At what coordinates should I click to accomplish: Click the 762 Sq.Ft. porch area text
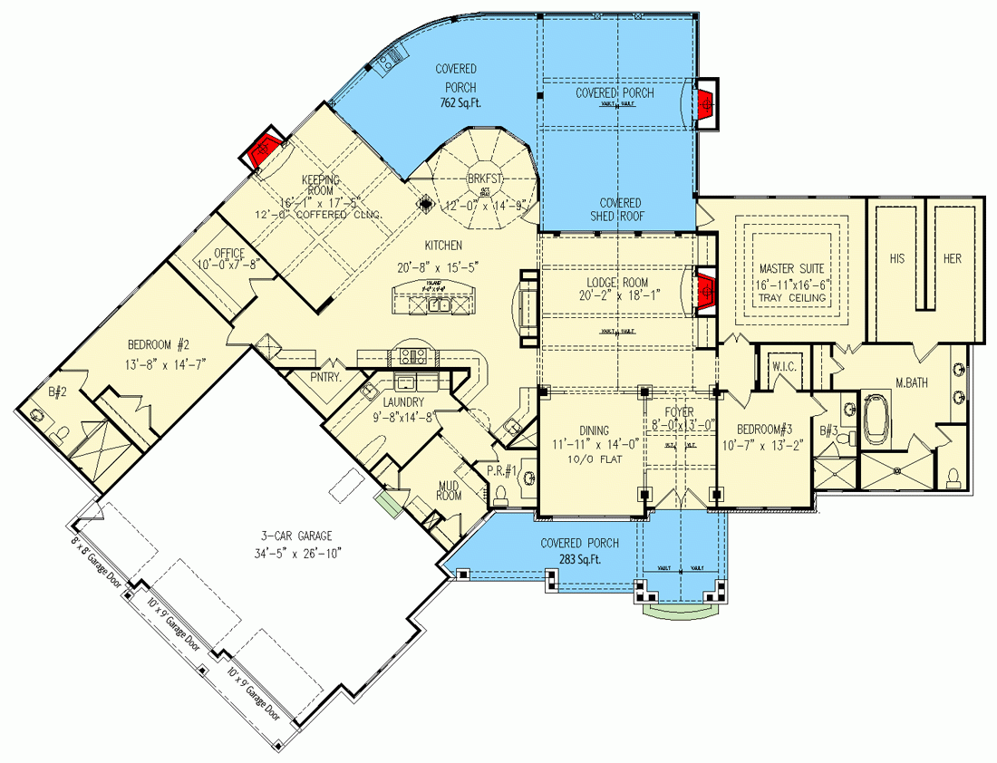[456, 103]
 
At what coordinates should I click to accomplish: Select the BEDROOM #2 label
[158, 344]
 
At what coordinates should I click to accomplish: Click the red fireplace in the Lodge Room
[705, 291]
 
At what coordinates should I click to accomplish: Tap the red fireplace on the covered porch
[706, 104]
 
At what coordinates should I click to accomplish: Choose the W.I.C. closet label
[782, 367]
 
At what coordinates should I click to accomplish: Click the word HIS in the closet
[896, 258]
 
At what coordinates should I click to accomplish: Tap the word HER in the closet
[952, 258]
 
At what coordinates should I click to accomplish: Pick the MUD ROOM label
[449, 489]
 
